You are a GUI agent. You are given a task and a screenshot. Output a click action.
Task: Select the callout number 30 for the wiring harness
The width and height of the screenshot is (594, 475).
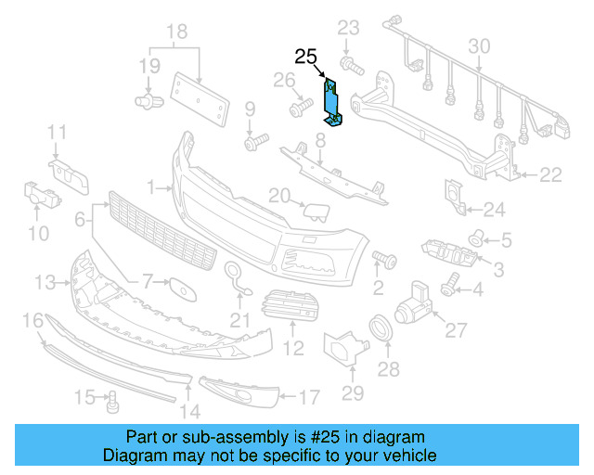479,46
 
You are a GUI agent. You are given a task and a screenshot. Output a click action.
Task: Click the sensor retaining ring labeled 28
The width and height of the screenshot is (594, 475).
381,328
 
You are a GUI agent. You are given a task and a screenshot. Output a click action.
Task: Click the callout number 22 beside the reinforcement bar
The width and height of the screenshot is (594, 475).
550,173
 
